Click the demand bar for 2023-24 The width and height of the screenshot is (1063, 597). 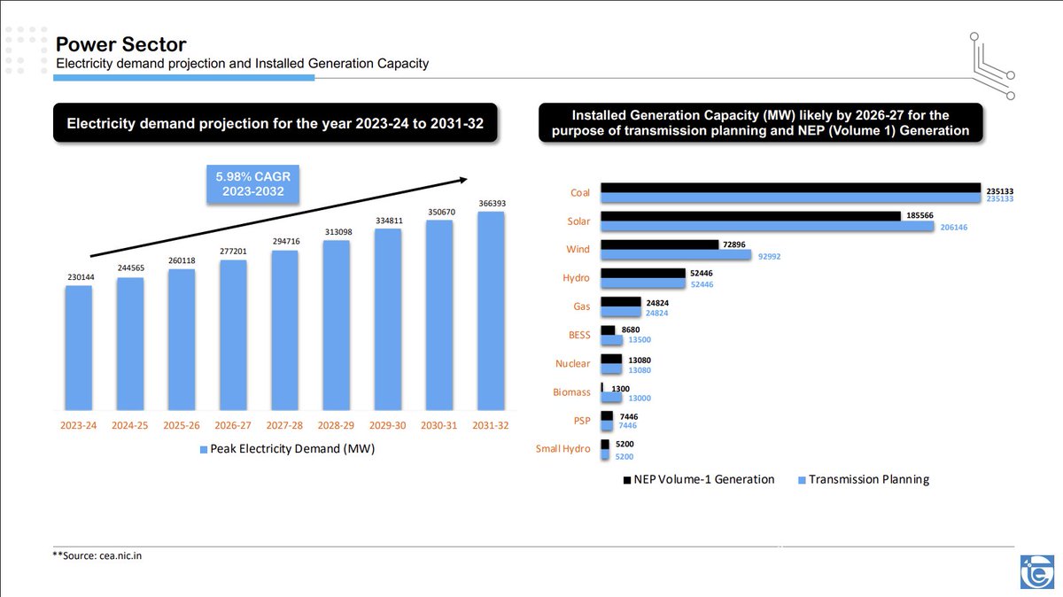pyautogui.click(x=79, y=348)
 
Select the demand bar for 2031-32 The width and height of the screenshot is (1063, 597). pyautogui.click(x=491, y=311)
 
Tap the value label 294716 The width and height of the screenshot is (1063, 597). pyautogui.click(x=286, y=242)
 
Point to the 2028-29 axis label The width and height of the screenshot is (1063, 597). pyautogui.click(x=336, y=425)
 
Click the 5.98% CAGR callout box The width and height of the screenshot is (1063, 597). pyautogui.click(x=253, y=184)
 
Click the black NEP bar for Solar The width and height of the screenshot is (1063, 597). pyautogui.click(x=751, y=216)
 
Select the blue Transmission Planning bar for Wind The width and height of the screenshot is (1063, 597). pyautogui.click(x=676, y=255)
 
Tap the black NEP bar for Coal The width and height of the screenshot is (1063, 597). pyautogui.click(x=790, y=188)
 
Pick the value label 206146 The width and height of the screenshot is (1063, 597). pyautogui.click(x=954, y=228)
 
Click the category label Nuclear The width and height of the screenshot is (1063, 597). pyautogui.click(x=573, y=363)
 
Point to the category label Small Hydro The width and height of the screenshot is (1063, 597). pyautogui.click(x=563, y=448)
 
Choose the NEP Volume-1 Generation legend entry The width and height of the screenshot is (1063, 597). pyautogui.click(x=699, y=479)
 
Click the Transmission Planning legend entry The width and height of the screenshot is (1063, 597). pyautogui.click(x=864, y=479)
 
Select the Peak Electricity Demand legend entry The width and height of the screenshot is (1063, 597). pyautogui.click(x=288, y=449)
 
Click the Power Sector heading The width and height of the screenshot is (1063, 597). pyautogui.click(x=121, y=44)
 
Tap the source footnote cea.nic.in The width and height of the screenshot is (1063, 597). pyautogui.click(x=97, y=555)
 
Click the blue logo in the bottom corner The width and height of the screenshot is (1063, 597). pyautogui.click(x=1037, y=572)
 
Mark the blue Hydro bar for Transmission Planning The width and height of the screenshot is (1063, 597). pyautogui.click(x=643, y=283)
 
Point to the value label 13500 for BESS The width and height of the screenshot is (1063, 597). pyautogui.click(x=640, y=340)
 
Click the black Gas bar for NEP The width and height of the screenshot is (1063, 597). pyautogui.click(x=621, y=302)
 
